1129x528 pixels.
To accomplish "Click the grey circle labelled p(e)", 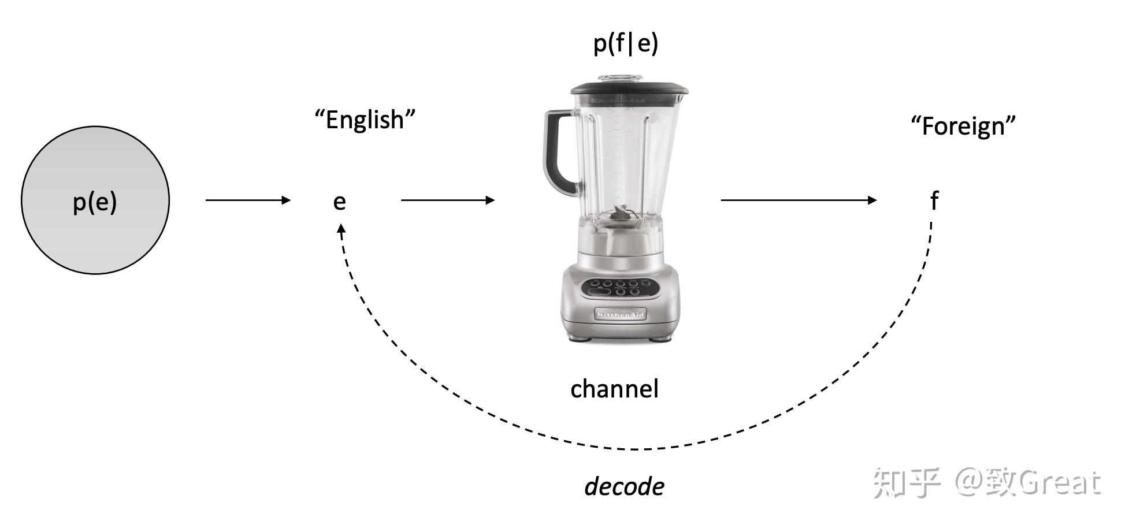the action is [x=95, y=200].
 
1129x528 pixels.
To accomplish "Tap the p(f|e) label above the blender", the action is [x=626, y=43].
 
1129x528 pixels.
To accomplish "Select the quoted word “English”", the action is [x=365, y=120].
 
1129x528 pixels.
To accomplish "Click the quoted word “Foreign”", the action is [x=963, y=126].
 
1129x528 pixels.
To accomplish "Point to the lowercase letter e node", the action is [x=340, y=201].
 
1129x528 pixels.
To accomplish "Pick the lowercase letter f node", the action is [x=934, y=200].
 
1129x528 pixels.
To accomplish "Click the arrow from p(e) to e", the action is [x=248, y=200].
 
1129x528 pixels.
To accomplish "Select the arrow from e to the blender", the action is [x=448, y=200].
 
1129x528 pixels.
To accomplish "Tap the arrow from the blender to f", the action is [x=799, y=200].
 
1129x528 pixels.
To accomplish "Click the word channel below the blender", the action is [x=614, y=389].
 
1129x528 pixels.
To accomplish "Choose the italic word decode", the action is [x=624, y=486].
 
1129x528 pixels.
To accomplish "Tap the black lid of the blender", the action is [x=629, y=90].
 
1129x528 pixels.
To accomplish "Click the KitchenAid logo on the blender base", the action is [x=620, y=314].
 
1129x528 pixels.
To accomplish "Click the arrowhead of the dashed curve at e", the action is [x=341, y=229].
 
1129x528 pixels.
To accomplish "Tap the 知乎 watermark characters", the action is [x=906, y=482].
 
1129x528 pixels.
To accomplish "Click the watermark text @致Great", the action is [x=1028, y=482].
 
